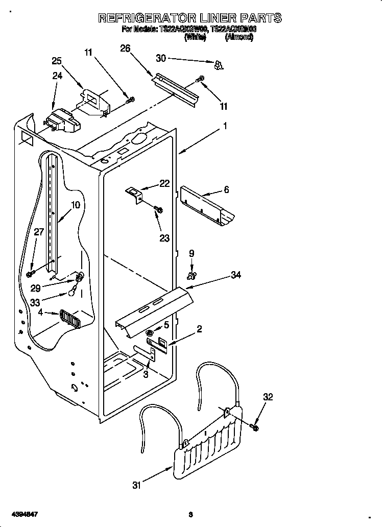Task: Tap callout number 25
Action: pyautogui.click(x=57, y=61)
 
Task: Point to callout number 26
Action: pyautogui.click(x=125, y=49)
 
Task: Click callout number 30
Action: pyautogui.click(x=161, y=58)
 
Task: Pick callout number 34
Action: pyautogui.click(x=235, y=275)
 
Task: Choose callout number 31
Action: pyautogui.click(x=136, y=486)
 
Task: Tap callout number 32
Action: pyautogui.click(x=268, y=397)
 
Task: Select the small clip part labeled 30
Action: pyautogui.click(x=219, y=64)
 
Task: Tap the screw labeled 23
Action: pyautogui.click(x=158, y=209)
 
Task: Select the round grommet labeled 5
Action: pyautogui.click(x=150, y=332)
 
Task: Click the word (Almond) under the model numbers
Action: pyautogui.click(x=239, y=37)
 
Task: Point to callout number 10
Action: pyautogui.click(x=75, y=205)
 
